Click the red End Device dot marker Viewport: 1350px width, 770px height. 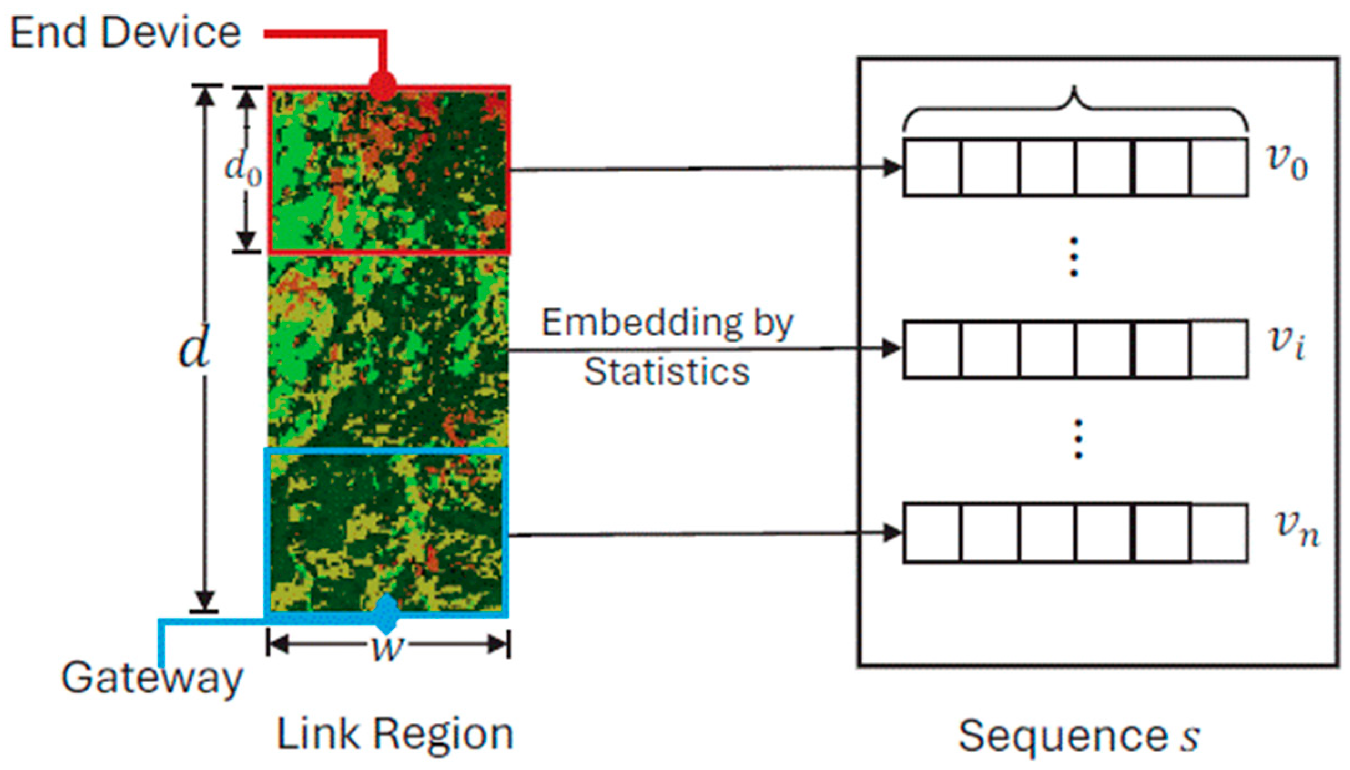tap(383, 86)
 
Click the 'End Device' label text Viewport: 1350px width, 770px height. tap(125, 33)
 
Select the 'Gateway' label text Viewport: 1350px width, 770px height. tap(152, 677)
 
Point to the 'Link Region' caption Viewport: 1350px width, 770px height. tap(394, 735)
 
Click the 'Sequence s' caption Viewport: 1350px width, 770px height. tap(1079, 737)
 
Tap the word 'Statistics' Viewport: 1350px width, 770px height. tap(667, 371)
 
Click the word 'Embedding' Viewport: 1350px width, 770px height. tap(642, 323)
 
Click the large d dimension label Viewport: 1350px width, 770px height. tap(194, 348)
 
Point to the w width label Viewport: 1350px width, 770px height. tap(387, 646)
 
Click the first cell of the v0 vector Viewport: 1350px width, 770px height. tap(932, 168)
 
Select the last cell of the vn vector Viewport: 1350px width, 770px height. tap(1218, 533)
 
